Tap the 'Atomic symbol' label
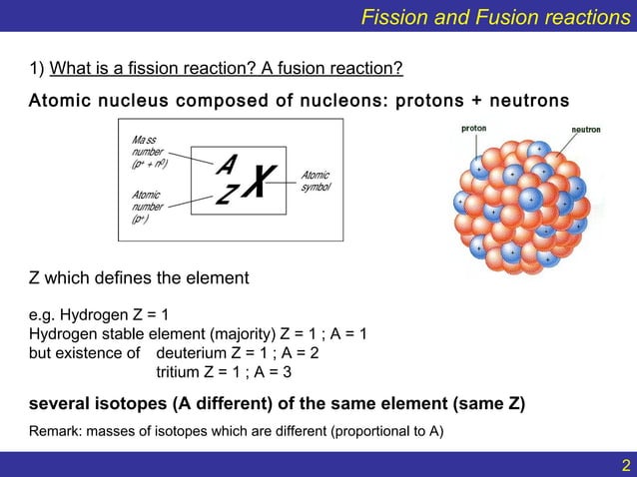point(316,181)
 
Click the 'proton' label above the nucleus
point(474,128)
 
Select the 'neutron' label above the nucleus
point(584,130)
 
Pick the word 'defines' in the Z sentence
point(128,277)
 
